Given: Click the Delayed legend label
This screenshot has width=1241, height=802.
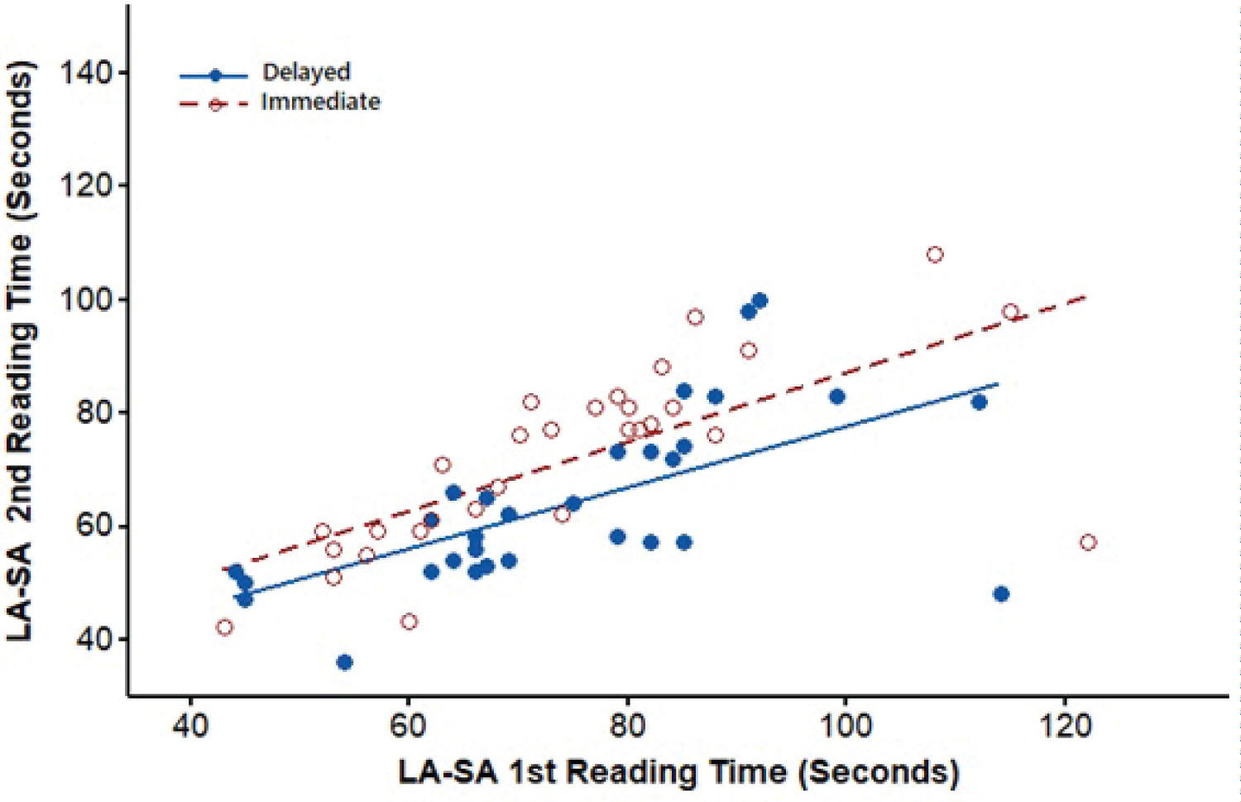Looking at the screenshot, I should (306, 72).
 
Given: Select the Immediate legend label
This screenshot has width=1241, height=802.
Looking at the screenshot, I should (320, 102).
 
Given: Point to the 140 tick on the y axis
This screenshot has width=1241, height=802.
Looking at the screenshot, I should (85, 73).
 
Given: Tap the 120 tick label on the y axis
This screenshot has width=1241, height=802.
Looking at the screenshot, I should (85, 185).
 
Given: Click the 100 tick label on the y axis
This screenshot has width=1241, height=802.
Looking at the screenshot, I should (85, 299).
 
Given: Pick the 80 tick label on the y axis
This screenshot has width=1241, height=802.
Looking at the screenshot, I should (93, 412).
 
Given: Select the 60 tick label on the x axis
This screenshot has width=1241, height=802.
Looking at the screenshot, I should (408, 726).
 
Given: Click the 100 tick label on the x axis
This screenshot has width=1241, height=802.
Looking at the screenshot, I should (845, 726).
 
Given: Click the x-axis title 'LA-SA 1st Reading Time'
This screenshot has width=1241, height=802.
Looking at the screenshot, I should (678, 771).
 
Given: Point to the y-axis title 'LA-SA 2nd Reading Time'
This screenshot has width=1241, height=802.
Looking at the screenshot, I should (20, 352).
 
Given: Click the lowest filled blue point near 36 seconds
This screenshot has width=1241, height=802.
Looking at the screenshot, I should (344, 662).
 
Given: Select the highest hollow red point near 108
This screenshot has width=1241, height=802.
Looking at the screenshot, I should (934, 254).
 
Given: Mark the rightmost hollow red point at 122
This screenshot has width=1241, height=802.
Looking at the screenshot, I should (1087, 542).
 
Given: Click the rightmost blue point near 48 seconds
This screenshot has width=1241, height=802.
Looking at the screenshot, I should (1000, 593).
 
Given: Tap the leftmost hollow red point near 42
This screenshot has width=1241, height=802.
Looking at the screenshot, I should (224, 627).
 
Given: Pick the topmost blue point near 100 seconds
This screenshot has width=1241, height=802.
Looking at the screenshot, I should (759, 300).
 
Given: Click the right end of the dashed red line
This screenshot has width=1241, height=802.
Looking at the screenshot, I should (1085, 296).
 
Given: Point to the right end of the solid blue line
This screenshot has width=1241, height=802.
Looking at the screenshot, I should (998, 384).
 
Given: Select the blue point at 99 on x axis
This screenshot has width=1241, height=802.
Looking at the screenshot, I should (836, 396).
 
